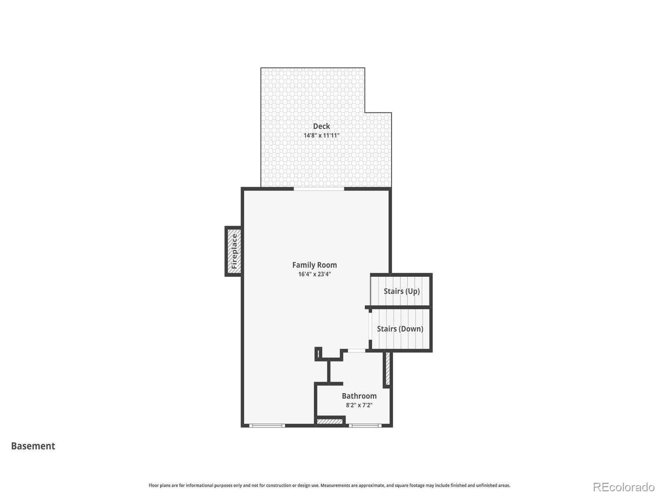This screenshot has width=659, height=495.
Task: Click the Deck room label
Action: click(321, 126)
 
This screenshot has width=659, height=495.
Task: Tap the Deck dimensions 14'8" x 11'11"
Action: click(321, 135)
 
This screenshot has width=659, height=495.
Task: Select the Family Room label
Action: click(314, 265)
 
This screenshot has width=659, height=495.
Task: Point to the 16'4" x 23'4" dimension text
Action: click(314, 274)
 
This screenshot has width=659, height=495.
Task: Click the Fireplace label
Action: click(234, 251)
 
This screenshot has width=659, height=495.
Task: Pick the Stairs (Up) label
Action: click(402, 291)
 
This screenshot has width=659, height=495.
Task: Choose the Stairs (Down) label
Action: click(400, 329)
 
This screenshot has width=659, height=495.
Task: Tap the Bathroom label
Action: click(359, 396)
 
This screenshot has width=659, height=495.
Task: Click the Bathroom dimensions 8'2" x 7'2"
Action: click(359, 405)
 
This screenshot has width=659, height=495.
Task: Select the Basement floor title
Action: click(33, 446)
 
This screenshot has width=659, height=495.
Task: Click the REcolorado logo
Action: click(623, 487)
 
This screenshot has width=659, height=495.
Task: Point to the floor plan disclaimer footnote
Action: click(329, 486)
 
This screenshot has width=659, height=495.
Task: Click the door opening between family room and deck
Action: click(319, 189)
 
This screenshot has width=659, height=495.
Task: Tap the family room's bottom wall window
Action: click(267, 425)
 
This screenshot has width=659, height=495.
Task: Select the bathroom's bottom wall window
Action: click(365, 425)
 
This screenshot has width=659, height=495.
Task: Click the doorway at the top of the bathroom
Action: click(356, 351)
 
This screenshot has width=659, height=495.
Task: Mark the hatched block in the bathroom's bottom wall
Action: click(329, 422)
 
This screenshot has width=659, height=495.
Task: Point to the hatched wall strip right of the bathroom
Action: click(387, 368)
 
